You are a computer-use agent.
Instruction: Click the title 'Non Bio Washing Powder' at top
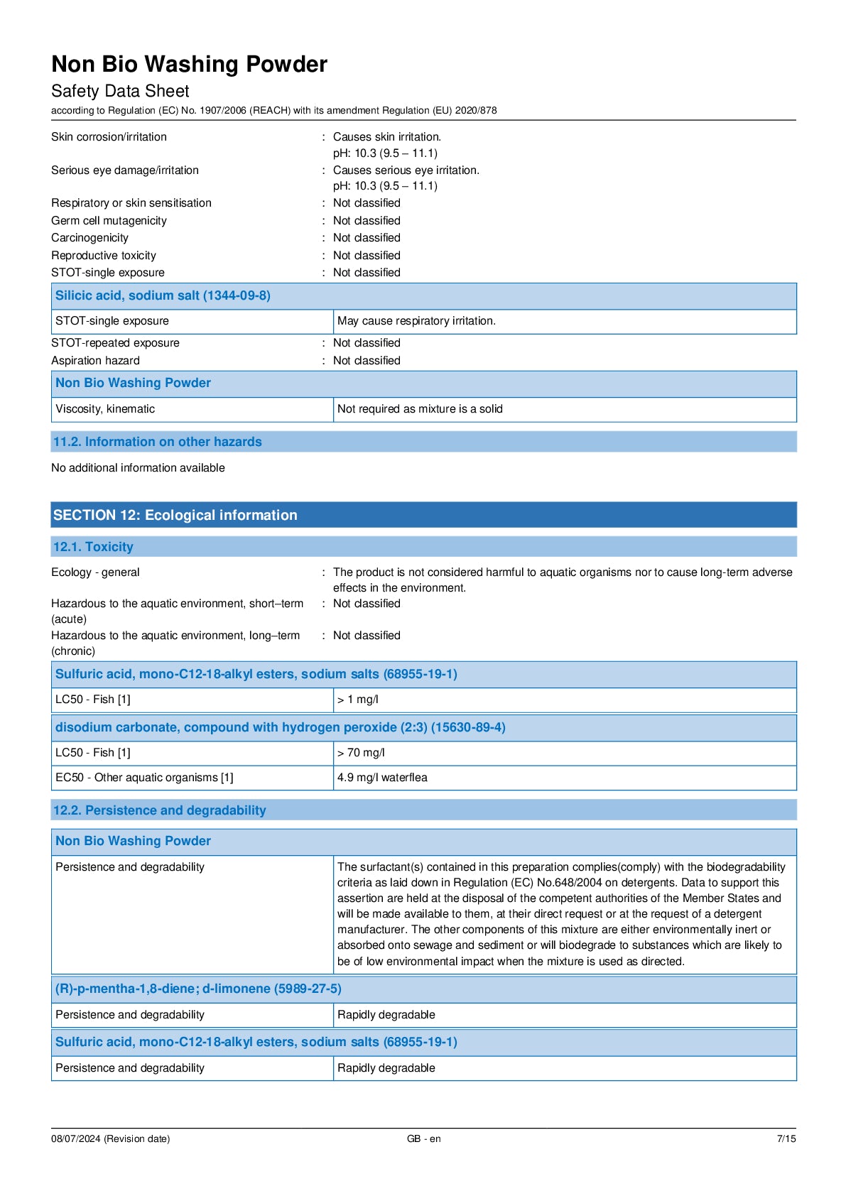click(x=189, y=65)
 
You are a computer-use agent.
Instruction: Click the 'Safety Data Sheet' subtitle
click(x=120, y=92)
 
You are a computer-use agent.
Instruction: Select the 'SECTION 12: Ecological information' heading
click(x=175, y=515)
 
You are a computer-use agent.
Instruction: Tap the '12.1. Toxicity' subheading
click(x=93, y=547)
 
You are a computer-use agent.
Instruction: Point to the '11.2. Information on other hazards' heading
click(x=157, y=442)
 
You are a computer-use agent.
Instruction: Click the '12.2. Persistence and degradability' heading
click(x=159, y=810)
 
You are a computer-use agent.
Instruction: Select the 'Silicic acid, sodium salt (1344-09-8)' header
click(x=163, y=295)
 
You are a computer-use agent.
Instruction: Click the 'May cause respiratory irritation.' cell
click(x=416, y=321)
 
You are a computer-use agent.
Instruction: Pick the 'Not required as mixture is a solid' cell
click(x=420, y=409)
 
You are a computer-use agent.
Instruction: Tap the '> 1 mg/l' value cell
click(x=358, y=700)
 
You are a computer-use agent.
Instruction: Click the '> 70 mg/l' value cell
click(x=361, y=753)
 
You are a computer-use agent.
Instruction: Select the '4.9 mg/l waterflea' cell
click(x=382, y=778)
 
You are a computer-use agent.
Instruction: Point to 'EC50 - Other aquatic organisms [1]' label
click(x=144, y=778)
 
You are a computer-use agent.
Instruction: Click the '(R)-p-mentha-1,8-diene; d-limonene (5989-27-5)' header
click(x=198, y=989)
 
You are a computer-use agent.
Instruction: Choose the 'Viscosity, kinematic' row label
click(x=105, y=409)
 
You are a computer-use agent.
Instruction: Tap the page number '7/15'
click(x=786, y=1138)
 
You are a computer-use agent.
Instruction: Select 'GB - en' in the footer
click(x=423, y=1138)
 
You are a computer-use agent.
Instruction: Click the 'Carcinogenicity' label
click(x=90, y=238)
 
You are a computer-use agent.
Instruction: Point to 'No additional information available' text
click(x=138, y=468)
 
